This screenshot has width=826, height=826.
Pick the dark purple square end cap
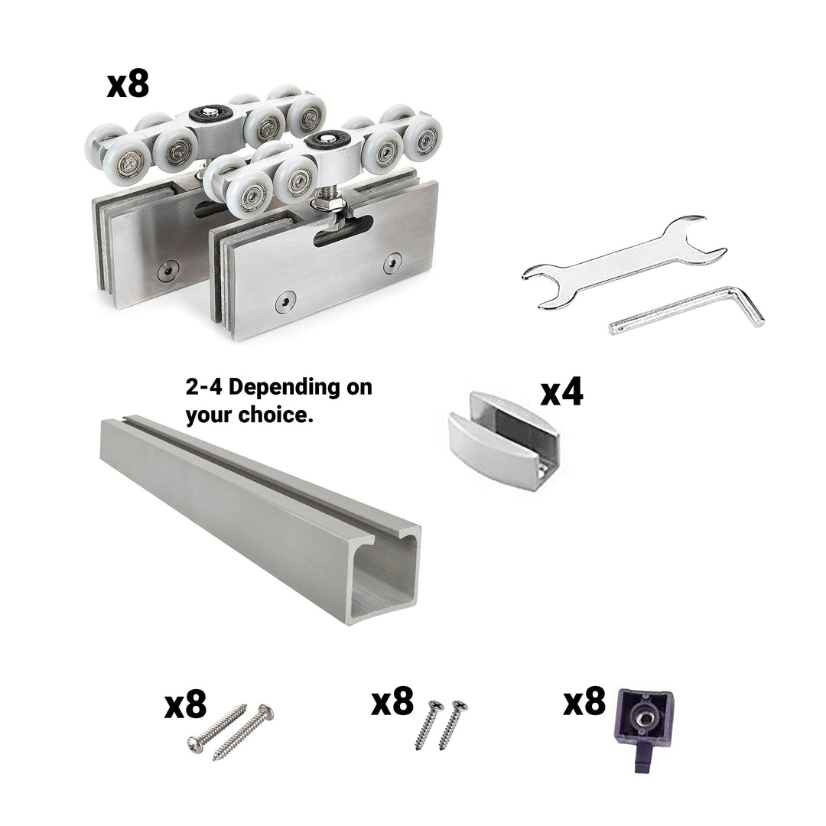point(644,729)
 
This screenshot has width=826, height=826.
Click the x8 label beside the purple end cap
point(585,701)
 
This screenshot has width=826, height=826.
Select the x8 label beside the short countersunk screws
point(392,701)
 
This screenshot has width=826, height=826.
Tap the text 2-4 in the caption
point(204,387)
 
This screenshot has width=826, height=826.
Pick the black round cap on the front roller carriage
point(327,139)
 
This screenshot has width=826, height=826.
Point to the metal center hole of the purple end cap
point(644,718)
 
